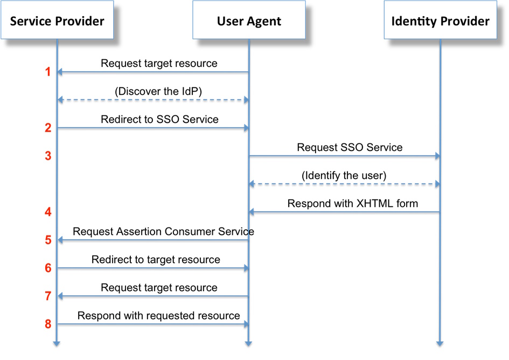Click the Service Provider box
pyautogui.click(x=57, y=21)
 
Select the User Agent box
pyautogui.click(x=249, y=21)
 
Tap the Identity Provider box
pyautogui.click(x=440, y=21)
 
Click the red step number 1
pyautogui.click(x=48, y=72)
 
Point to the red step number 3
pyautogui.click(x=48, y=156)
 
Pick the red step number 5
pyautogui.click(x=48, y=240)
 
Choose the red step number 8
pyautogui.click(x=48, y=324)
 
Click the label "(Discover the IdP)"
pyautogui.click(x=158, y=92)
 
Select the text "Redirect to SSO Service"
pyautogui.click(x=159, y=119)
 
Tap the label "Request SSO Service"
pyautogui.click(x=350, y=147)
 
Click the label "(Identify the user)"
pyautogui.click(x=344, y=176)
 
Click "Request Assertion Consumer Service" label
pyautogui.click(x=163, y=232)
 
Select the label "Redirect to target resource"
pyautogui.click(x=156, y=260)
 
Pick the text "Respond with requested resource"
pyautogui.click(x=158, y=316)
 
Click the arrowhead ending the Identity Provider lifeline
pyautogui.click(x=440, y=343)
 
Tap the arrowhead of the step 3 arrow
pyautogui.click(x=437, y=156)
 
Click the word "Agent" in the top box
pyautogui.click(x=264, y=22)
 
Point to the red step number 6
pyautogui.click(x=48, y=268)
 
